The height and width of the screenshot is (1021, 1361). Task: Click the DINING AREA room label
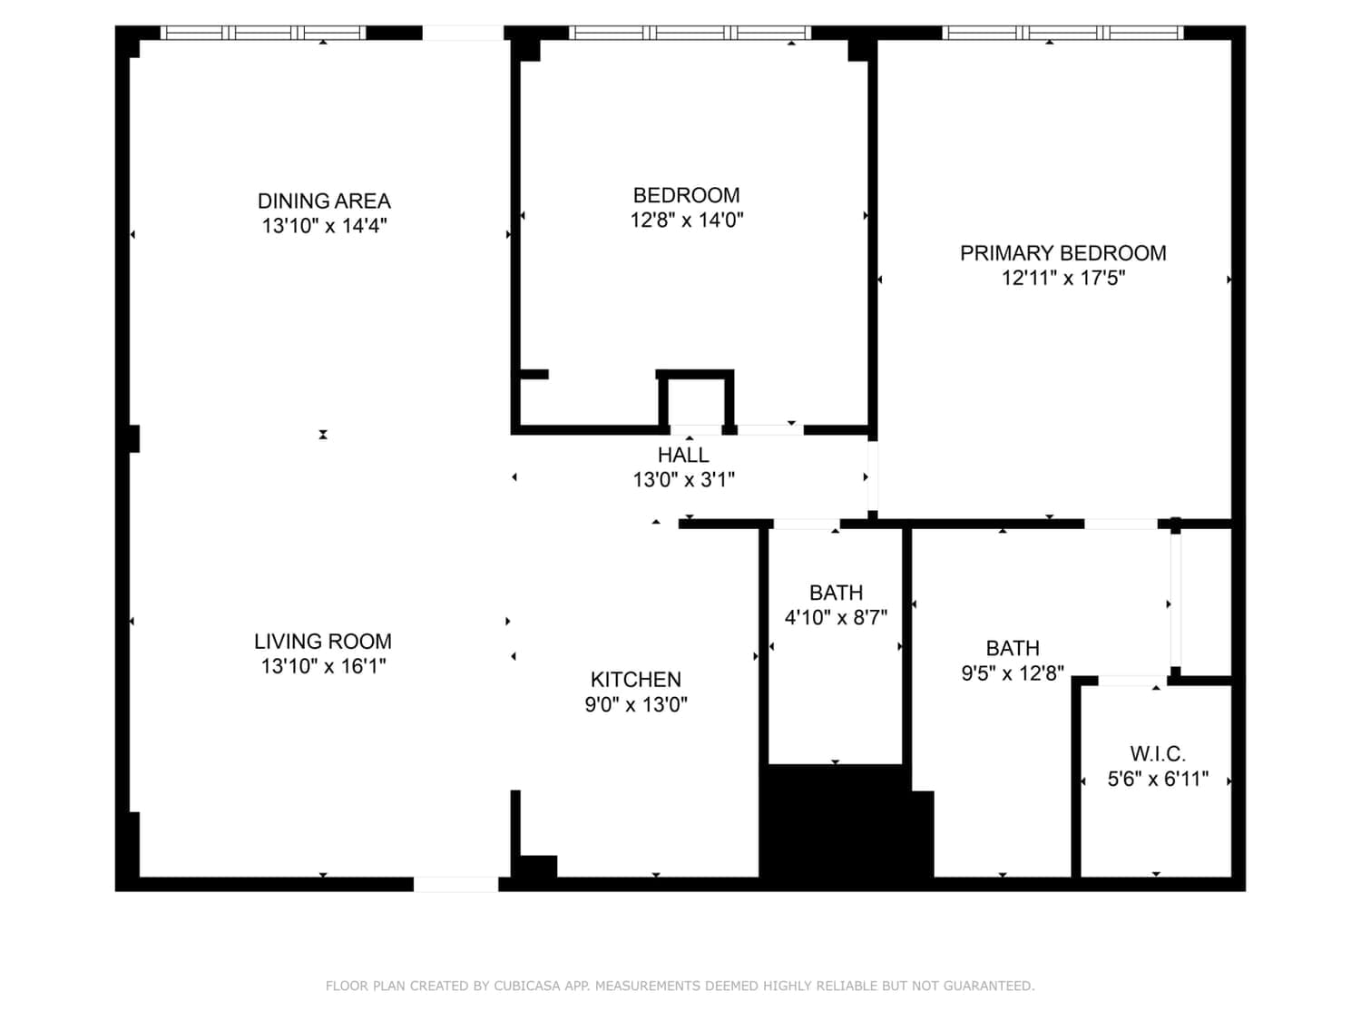[x=324, y=201]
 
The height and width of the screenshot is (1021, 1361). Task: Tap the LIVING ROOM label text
[x=323, y=641]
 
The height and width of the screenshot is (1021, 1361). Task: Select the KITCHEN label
[x=635, y=680]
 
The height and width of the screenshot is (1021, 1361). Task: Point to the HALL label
[x=683, y=455]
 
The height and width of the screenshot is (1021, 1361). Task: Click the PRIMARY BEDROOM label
[x=1063, y=253]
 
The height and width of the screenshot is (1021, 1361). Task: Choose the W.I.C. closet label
[x=1158, y=754]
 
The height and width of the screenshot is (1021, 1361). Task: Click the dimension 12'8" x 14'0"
[x=686, y=220]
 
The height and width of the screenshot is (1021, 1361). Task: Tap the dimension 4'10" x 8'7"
[x=836, y=617]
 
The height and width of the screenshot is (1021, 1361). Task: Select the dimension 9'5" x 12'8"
[x=1013, y=672]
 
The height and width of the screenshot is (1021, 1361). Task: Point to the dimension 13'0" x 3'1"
[x=683, y=480]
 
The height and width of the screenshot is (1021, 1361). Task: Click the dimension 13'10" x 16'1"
[x=323, y=666]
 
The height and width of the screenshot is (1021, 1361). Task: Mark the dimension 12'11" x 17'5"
[x=1063, y=278]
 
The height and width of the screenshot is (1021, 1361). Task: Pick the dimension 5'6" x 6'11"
[x=1158, y=779]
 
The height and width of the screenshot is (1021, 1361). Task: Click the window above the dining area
[x=263, y=33]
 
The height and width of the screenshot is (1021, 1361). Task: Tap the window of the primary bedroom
[x=1062, y=33]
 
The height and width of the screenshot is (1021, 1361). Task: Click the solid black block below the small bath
[x=847, y=821]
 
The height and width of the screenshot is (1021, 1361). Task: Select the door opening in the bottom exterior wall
[x=455, y=885]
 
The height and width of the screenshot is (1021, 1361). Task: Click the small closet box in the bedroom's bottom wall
[x=695, y=401]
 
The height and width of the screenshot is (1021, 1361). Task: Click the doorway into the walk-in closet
[x=1132, y=681]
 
